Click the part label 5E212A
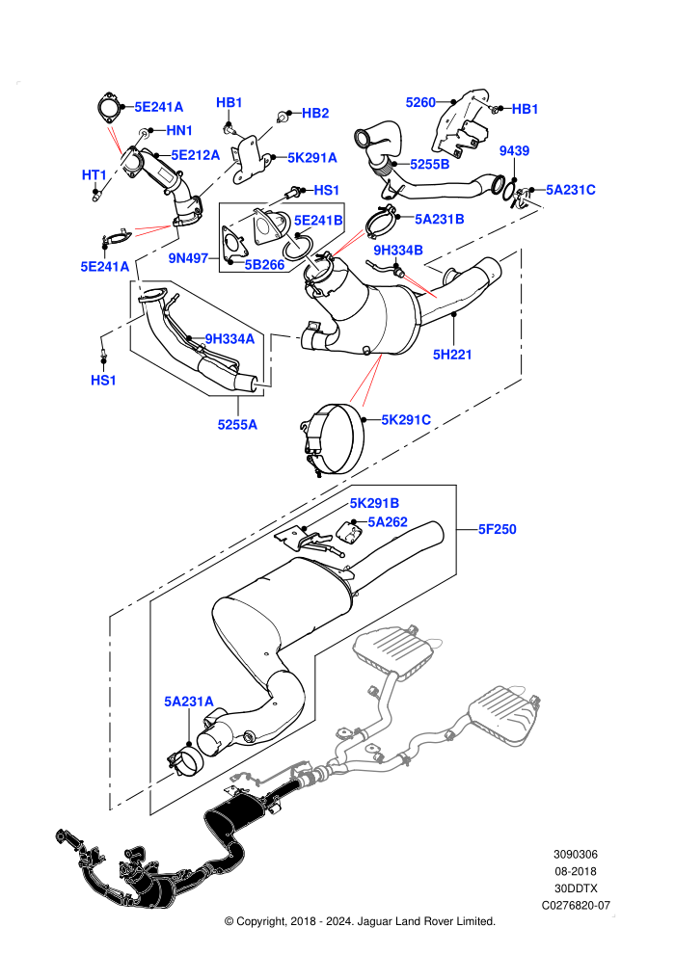point(196,155)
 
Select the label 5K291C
point(406,420)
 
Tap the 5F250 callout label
point(498,529)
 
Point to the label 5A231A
point(189,702)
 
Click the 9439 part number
point(514,151)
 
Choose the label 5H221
point(452,354)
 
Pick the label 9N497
point(189,258)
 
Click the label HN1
point(179,130)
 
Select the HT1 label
point(94,175)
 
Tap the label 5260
point(420,102)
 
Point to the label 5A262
point(388,522)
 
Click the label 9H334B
point(398,250)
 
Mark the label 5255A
point(237,425)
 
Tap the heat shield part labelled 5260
point(461,123)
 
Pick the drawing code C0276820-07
point(576,905)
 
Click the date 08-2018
point(576,871)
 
